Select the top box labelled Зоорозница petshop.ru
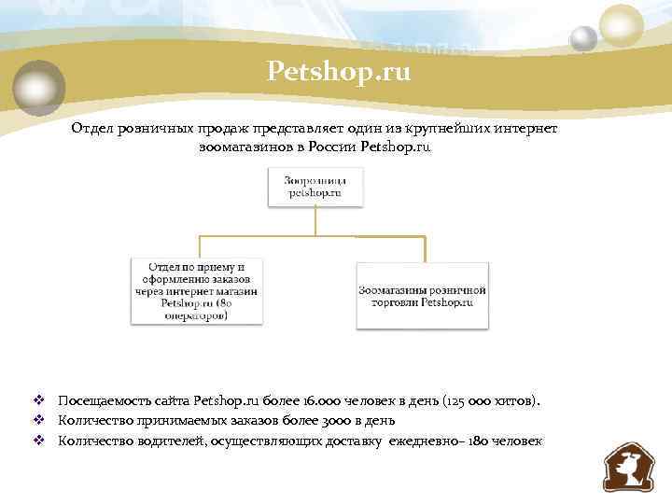point(315,187)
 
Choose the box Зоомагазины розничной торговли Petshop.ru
point(422,296)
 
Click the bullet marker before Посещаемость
point(39,400)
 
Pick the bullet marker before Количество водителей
point(39,441)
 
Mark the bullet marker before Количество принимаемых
point(39,420)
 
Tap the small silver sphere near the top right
point(583,38)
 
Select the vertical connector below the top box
point(315,220)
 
